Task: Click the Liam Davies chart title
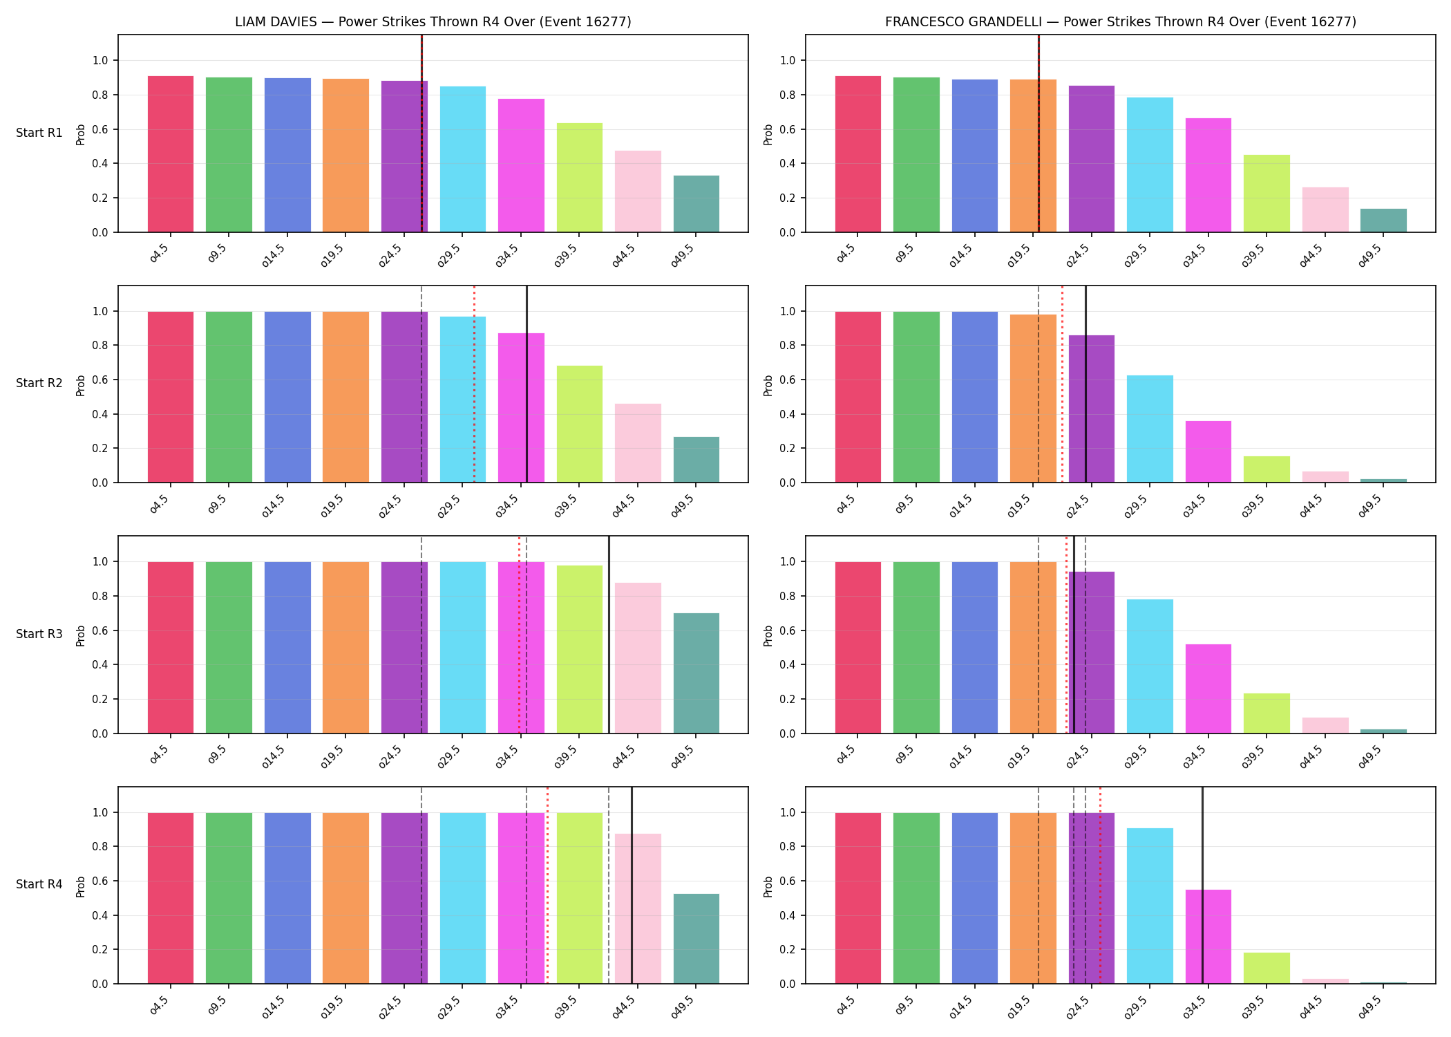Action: coord(433,21)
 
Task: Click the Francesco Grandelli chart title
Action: coord(1121,21)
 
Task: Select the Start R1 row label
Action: coord(39,133)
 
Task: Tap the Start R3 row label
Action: coord(39,634)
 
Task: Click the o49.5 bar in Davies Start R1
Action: coord(696,204)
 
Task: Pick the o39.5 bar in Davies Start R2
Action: coord(580,424)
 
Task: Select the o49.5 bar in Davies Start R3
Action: coord(696,673)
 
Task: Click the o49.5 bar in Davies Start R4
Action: coord(696,939)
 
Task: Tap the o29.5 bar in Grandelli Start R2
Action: coord(1150,429)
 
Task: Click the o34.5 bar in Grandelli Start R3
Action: coord(1208,689)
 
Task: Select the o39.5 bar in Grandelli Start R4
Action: coord(1267,969)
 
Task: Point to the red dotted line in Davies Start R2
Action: coord(474,384)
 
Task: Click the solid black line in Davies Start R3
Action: coord(609,635)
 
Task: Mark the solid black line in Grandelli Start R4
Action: coord(1202,885)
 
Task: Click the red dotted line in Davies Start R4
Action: coord(547,885)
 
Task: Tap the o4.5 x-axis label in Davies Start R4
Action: coord(160,1005)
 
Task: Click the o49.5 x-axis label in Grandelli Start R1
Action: coord(1371,254)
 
